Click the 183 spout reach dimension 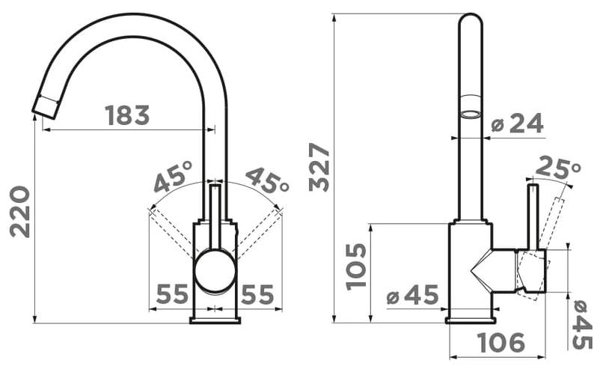coord(127,115)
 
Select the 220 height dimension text coord(19,212)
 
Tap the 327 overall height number coord(319,167)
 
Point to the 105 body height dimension coord(356,266)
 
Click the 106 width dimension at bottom coord(501,343)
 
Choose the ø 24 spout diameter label coord(517,124)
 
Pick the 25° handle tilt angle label coord(558,168)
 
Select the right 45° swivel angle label coord(267,180)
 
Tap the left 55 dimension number coord(172,294)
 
